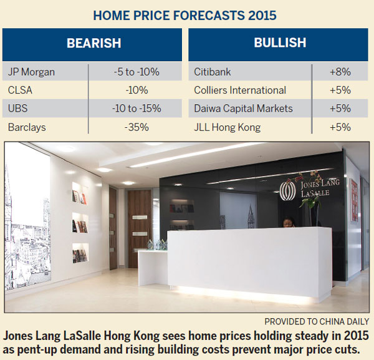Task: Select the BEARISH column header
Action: pyautogui.click(x=93, y=44)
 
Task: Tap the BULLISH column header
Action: pyautogui.click(x=279, y=43)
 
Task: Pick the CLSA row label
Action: pyautogui.click(x=21, y=90)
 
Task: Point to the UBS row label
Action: pyautogui.click(x=17, y=108)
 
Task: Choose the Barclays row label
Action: pyautogui.click(x=27, y=127)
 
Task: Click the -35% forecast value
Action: pyautogui.click(x=135, y=127)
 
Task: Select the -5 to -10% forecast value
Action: pyautogui.click(x=135, y=71)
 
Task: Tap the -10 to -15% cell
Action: pyautogui.click(x=135, y=108)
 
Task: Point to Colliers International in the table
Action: pyautogui.click(x=240, y=90)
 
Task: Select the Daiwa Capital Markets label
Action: pyautogui.click(x=243, y=108)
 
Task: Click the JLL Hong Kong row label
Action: pyautogui.click(x=226, y=127)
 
